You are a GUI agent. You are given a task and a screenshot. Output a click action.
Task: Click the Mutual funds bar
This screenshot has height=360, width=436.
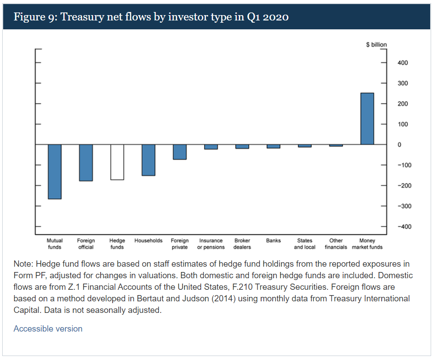(x=55, y=172)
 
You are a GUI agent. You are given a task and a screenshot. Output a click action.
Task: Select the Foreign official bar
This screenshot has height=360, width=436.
(x=86, y=163)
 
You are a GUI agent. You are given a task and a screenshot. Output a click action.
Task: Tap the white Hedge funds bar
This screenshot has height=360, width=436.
(x=117, y=162)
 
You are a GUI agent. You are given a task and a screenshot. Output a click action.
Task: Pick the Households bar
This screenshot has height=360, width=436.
(x=148, y=160)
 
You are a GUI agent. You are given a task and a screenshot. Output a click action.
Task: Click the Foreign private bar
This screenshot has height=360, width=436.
(x=180, y=152)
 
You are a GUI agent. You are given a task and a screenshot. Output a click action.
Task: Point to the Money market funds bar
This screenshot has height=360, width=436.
(x=367, y=119)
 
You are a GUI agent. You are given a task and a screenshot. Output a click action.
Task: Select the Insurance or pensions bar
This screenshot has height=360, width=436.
(x=211, y=147)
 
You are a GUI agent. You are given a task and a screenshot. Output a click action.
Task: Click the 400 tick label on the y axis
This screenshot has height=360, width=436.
(x=403, y=63)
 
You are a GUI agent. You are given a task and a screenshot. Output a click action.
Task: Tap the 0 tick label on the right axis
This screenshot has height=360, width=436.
(x=400, y=145)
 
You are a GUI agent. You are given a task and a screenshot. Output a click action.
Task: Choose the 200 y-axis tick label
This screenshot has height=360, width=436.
(x=403, y=104)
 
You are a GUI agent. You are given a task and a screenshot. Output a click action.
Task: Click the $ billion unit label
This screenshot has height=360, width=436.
(x=376, y=45)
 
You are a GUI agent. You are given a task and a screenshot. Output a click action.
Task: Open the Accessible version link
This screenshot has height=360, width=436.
(x=48, y=329)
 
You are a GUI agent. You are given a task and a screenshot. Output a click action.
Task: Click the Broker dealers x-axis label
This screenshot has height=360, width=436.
(x=242, y=244)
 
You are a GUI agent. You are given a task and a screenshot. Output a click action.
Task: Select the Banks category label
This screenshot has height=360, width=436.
(x=274, y=241)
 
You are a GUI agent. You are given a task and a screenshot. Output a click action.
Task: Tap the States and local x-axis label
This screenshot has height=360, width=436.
(x=305, y=244)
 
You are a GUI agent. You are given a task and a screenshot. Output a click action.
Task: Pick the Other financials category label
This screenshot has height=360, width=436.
(x=336, y=244)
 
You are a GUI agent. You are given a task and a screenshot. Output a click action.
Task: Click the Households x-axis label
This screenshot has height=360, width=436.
(x=148, y=241)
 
